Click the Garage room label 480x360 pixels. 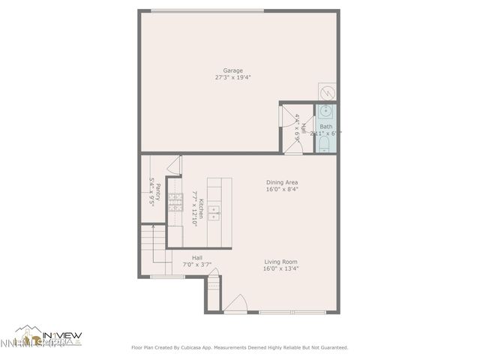click(x=232, y=70)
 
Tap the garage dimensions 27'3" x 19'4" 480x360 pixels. click(x=232, y=77)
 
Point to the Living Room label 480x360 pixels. click(x=280, y=262)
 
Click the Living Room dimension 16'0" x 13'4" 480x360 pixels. click(x=280, y=268)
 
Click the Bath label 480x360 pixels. click(x=326, y=127)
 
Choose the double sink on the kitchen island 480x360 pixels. click(x=214, y=214)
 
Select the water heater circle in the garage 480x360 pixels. click(x=328, y=92)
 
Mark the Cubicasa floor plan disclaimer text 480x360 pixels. click(x=240, y=347)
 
